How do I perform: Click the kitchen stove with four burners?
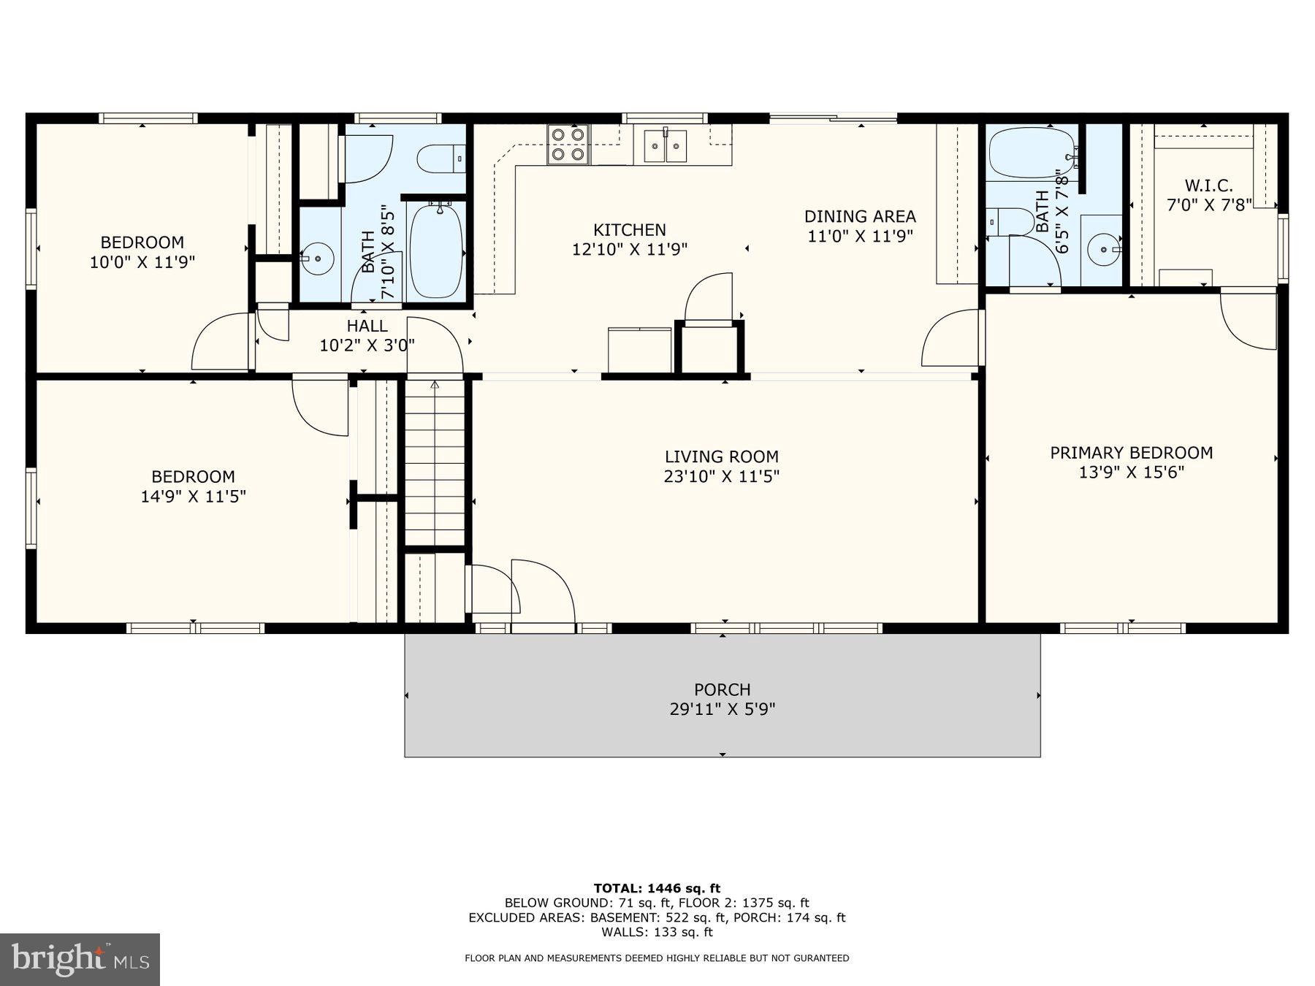(568, 144)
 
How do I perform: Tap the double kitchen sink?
(665, 145)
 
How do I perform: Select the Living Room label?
(721, 457)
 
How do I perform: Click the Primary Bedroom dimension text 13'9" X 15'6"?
(1131, 473)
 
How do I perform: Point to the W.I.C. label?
(1208, 186)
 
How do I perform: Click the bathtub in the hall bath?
(436, 249)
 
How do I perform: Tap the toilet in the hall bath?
(441, 158)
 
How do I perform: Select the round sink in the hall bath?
(318, 259)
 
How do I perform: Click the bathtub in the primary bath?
(1031, 153)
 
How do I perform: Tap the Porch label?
(722, 689)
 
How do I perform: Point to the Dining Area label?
(860, 216)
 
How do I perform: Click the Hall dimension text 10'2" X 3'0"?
(367, 345)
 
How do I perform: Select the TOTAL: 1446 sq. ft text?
(657, 888)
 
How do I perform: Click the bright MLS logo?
(80, 959)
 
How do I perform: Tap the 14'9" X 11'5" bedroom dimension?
(193, 497)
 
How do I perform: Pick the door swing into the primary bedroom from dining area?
(952, 340)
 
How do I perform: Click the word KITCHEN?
(629, 230)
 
